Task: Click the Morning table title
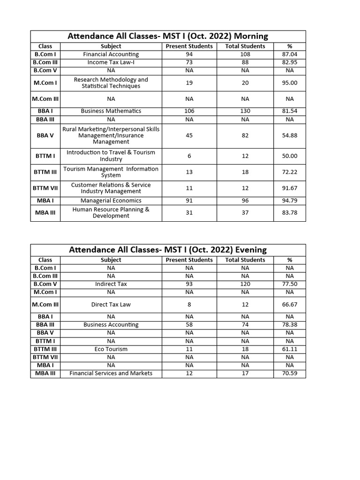click(x=168, y=36)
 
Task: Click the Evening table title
click(x=168, y=250)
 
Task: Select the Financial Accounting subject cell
click(x=111, y=54)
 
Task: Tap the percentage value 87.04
click(x=289, y=54)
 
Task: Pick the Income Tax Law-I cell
click(x=111, y=62)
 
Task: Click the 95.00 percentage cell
click(x=289, y=83)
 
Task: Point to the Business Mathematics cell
click(x=111, y=111)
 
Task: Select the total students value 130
click(x=245, y=111)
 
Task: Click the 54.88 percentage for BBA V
click(x=289, y=135)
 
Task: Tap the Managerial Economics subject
click(x=111, y=201)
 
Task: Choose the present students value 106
click(x=189, y=111)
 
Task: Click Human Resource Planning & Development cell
click(x=111, y=213)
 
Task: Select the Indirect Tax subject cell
click(x=111, y=284)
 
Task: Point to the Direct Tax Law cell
click(x=111, y=304)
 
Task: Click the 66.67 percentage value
click(x=289, y=304)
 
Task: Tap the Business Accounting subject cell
click(x=111, y=325)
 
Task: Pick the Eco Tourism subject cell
click(x=111, y=349)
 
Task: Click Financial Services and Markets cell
click(x=111, y=374)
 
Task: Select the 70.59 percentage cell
click(x=289, y=374)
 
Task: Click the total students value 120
click(x=245, y=284)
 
